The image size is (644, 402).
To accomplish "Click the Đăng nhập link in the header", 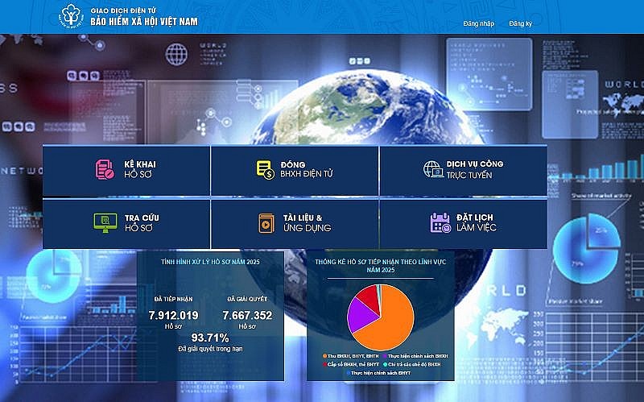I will (478, 23).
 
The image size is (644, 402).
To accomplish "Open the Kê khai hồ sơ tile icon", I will (105, 169).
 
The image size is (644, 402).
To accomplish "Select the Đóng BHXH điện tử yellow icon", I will (265, 169).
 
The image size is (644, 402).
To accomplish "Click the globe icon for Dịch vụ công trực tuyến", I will (432, 169).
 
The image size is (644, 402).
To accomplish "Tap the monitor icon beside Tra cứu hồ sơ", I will (104, 222).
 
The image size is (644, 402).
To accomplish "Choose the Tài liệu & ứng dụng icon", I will (266, 222).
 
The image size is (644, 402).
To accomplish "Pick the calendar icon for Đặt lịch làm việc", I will (440, 222).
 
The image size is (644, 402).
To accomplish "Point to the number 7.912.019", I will (174, 315).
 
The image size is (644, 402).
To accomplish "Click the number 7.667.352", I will (247, 315).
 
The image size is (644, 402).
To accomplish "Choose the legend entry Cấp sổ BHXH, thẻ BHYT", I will (348, 364).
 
